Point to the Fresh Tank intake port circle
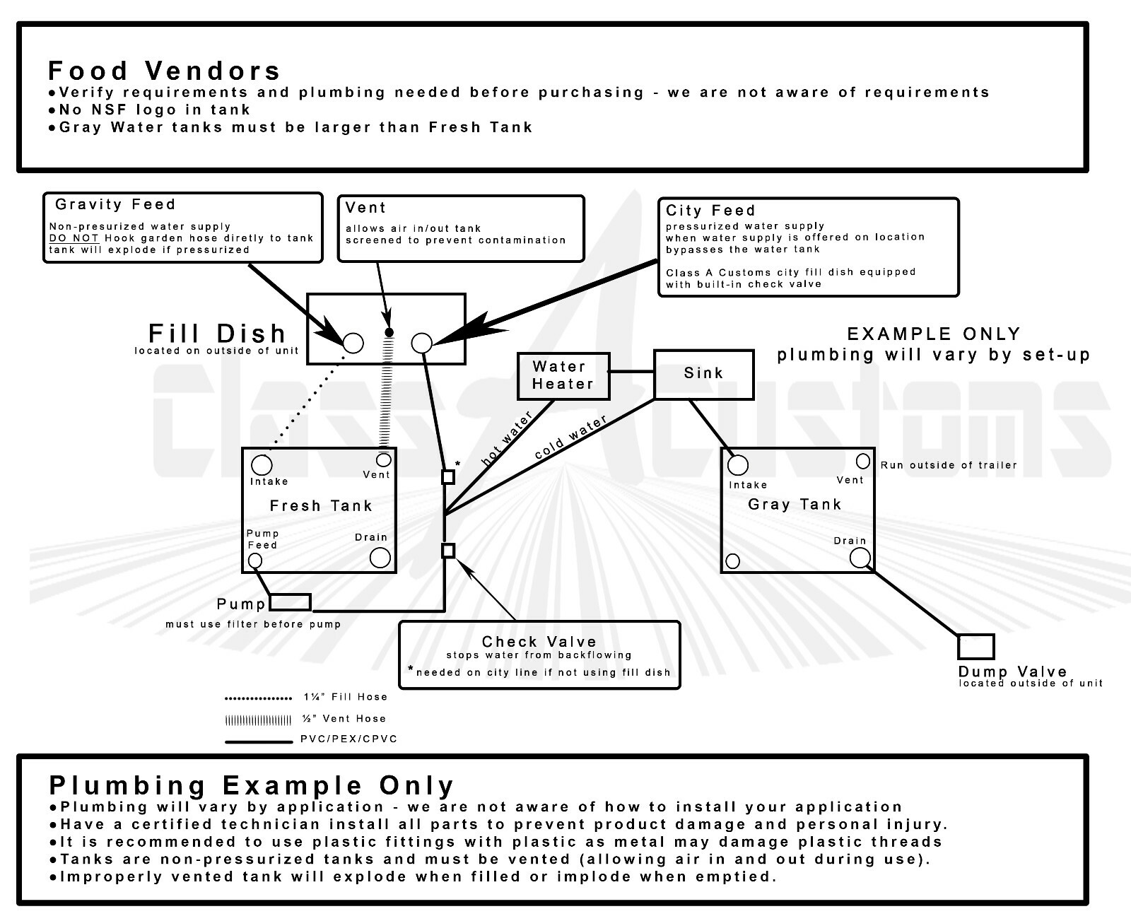click(x=262, y=465)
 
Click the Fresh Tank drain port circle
click(x=380, y=558)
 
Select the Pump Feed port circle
click(x=255, y=561)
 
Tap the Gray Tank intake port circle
click(x=737, y=465)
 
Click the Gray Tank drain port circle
click(x=860, y=558)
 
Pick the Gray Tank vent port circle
click(x=863, y=461)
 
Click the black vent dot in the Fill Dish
click(x=389, y=332)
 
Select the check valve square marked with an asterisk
click(x=448, y=476)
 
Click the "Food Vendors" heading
click(x=164, y=71)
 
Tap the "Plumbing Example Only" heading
click(x=251, y=785)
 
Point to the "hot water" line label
click(x=507, y=438)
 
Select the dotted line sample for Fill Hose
click(x=259, y=698)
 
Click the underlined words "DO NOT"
click(x=74, y=237)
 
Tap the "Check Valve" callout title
click(x=539, y=641)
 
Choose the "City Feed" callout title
click(x=710, y=210)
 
